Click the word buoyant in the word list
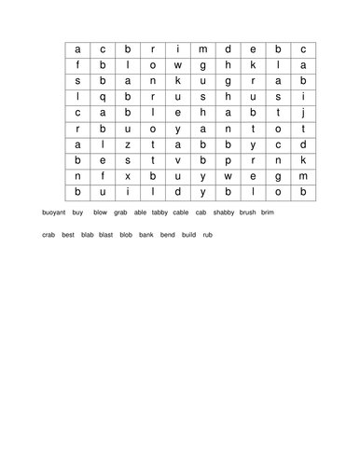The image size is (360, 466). click(x=55, y=212)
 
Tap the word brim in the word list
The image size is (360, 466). click(x=268, y=212)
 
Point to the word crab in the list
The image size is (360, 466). click(x=48, y=235)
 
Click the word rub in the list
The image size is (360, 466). click(x=207, y=235)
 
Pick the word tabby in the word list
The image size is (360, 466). click(x=159, y=212)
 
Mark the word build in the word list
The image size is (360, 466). click(x=188, y=235)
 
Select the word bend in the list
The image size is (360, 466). click(x=167, y=235)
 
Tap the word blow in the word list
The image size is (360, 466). click(x=100, y=212)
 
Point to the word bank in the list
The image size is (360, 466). click(x=146, y=235)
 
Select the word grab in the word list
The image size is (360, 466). click(x=120, y=212)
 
